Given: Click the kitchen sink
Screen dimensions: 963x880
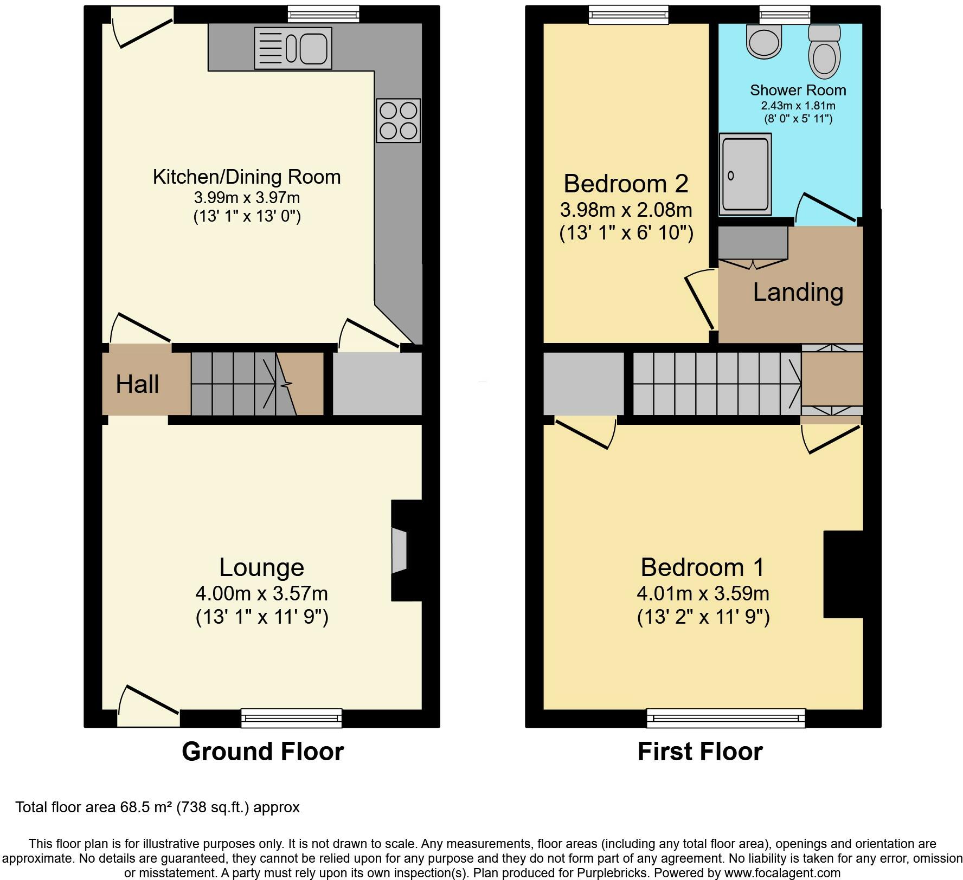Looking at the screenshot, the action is click(293, 48).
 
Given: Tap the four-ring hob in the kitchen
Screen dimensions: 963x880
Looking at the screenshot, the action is click(399, 120).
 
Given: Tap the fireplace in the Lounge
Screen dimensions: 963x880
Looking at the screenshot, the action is click(400, 550).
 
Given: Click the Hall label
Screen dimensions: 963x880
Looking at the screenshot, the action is click(137, 384).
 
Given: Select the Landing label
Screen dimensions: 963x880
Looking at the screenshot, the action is click(798, 293).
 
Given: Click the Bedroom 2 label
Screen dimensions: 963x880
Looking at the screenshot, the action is click(626, 184).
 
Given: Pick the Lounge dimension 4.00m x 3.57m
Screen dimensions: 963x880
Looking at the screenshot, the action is click(262, 593).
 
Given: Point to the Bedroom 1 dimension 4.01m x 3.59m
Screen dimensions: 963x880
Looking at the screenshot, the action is click(703, 593).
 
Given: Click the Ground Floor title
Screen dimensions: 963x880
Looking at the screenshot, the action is click(263, 752).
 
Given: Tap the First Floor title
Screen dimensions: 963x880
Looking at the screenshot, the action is click(700, 752).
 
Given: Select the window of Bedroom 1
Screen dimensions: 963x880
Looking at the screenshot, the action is click(726, 718).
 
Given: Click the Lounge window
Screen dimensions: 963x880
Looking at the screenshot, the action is click(292, 718).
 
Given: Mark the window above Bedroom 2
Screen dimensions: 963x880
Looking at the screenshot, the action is click(629, 15).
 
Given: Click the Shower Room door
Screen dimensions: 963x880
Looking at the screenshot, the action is click(828, 209).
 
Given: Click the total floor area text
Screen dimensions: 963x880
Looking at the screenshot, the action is click(157, 807).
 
